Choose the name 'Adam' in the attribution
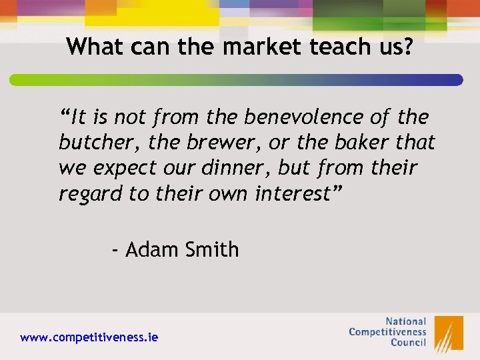click(x=151, y=250)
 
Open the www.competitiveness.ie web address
click(x=89, y=337)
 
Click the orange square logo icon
click(x=449, y=333)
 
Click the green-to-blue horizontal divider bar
click(x=236, y=80)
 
